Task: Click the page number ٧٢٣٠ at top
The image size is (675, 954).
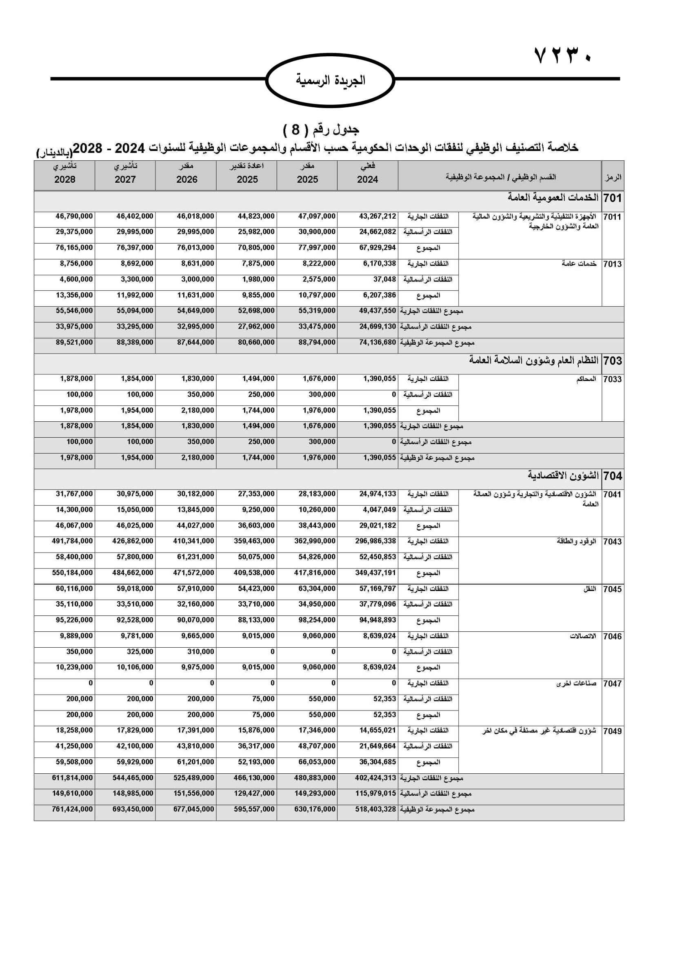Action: (563, 55)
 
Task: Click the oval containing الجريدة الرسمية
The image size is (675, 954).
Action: (330, 80)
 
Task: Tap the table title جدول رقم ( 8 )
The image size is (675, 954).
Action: (321, 130)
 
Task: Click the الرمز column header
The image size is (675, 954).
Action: (613, 177)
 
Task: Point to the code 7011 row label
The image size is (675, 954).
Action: (612, 217)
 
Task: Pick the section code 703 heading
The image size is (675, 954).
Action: (612, 360)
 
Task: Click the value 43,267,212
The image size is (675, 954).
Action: (377, 217)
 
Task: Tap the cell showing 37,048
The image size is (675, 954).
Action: (384, 279)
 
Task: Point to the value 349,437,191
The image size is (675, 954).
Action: (376, 573)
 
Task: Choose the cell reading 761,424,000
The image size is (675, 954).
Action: (72, 809)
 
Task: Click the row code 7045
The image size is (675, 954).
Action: (612, 589)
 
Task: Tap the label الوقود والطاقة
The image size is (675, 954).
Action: (577, 541)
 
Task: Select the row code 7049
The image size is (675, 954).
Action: (612, 731)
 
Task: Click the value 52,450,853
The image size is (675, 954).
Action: (377, 557)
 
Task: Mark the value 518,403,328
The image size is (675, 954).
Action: (376, 809)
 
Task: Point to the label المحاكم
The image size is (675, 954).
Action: (586, 379)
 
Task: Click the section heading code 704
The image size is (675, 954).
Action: (612, 475)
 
